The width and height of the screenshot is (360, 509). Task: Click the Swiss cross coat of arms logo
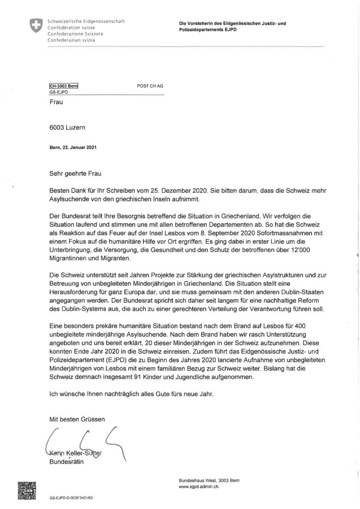tap(35, 26)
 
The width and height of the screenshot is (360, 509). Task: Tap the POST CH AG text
tap(150, 85)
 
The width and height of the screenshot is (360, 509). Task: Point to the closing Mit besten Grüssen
tap(77, 420)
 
